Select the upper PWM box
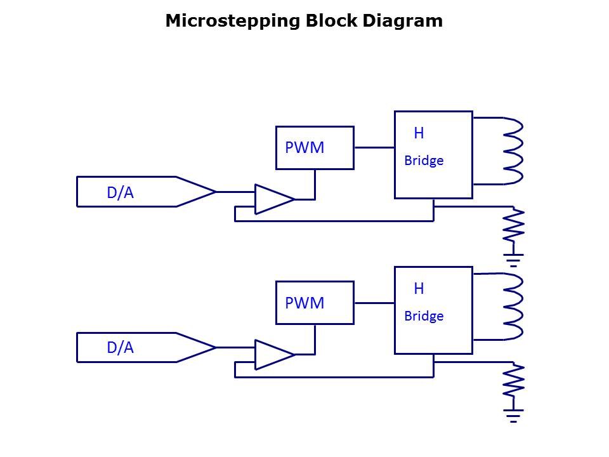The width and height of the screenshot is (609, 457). (315, 148)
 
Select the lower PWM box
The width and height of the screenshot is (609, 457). (315, 303)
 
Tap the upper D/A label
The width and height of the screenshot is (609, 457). (120, 193)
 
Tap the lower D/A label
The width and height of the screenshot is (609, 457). (120, 348)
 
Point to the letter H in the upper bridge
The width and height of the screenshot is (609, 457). (419, 133)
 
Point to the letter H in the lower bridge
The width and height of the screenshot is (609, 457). (419, 289)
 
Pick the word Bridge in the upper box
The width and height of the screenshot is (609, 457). (424, 161)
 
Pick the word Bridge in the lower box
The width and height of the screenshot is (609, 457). (424, 315)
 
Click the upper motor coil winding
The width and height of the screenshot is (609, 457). (513, 151)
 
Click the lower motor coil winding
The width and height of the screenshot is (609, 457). (513, 306)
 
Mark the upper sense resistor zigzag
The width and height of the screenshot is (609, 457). (513, 225)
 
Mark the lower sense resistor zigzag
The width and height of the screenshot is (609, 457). (513, 381)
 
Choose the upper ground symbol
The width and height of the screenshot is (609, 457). (513, 259)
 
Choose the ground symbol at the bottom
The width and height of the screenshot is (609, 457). (513, 415)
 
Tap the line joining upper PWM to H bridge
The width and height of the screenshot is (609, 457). (374, 147)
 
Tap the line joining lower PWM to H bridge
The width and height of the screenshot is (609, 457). (374, 303)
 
